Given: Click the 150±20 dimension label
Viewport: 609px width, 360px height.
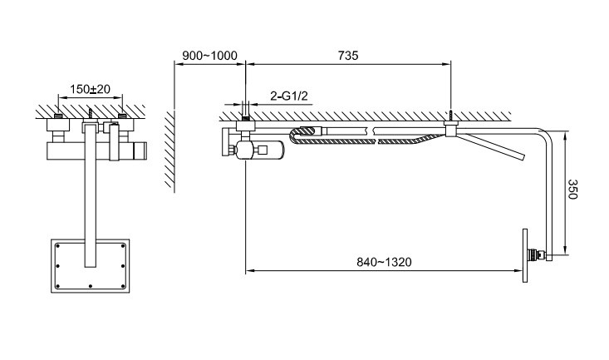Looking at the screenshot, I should (x=89, y=89).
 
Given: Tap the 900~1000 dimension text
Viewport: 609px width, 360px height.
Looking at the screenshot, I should (x=209, y=56).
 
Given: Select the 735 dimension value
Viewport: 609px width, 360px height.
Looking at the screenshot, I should (x=348, y=56).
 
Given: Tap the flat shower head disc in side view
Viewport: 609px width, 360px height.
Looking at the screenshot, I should (x=526, y=256).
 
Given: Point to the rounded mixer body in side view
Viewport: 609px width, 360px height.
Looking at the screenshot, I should (x=260, y=150).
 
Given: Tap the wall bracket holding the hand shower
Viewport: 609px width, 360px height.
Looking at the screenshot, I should (x=451, y=130).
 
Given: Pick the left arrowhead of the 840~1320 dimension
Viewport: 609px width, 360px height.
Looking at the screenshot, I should (x=248, y=269).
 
